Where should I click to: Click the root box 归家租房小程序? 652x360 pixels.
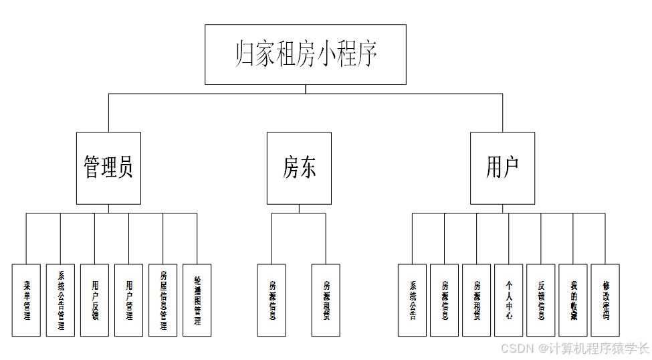[306, 54]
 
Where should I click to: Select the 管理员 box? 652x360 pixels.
[108, 167]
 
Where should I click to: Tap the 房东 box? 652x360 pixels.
[299, 167]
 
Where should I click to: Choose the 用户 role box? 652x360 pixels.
[502, 167]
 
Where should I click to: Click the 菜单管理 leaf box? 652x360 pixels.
[27, 300]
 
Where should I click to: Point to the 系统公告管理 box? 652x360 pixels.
[61, 300]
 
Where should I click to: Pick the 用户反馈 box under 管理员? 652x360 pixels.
[95, 300]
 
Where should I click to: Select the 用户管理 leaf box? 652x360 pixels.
[129, 300]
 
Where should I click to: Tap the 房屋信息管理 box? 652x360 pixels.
[163, 300]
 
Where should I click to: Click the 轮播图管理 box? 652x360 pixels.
[197, 300]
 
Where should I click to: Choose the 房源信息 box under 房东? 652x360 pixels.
[271, 300]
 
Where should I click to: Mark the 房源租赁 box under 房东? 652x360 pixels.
[326, 300]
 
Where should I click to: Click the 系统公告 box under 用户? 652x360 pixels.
[412, 300]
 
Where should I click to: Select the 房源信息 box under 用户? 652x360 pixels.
[445, 300]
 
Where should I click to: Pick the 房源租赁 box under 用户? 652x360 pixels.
[477, 300]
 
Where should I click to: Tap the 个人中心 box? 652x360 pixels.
[509, 300]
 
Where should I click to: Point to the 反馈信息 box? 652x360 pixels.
[541, 300]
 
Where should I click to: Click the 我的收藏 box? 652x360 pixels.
[573, 300]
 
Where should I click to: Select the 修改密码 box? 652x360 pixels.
[606, 300]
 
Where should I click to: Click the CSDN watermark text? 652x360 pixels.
[574, 348]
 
